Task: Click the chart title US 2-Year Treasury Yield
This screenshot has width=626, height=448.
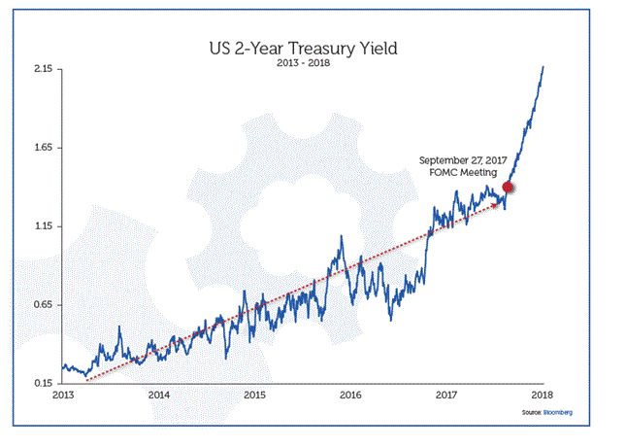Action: [x=301, y=47]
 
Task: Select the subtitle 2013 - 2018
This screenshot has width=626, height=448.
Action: [x=301, y=63]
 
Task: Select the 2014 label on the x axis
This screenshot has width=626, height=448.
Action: [x=159, y=396]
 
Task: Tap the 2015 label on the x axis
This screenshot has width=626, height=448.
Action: [x=254, y=396]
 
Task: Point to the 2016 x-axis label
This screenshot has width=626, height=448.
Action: [x=350, y=396]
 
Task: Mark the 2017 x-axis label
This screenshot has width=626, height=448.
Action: [x=446, y=396]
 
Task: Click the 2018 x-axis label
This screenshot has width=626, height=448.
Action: [x=542, y=396]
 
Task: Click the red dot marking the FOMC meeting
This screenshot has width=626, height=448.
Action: [x=508, y=188]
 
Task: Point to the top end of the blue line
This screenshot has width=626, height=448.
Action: [x=543, y=66]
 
